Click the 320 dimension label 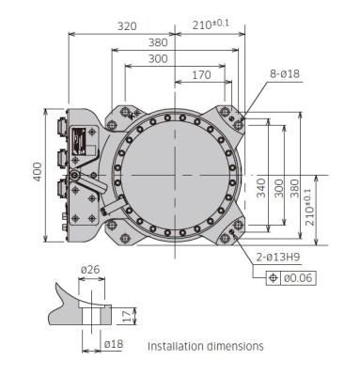click(x=129, y=26)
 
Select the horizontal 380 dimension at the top click(x=158, y=42)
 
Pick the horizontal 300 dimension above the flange click(x=158, y=58)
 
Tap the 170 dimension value click(x=201, y=74)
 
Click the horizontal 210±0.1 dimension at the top click(x=214, y=25)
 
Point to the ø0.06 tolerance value click(x=299, y=278)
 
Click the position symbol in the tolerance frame click(x=274, y=278)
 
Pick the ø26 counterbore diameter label click(x=90, y=270)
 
